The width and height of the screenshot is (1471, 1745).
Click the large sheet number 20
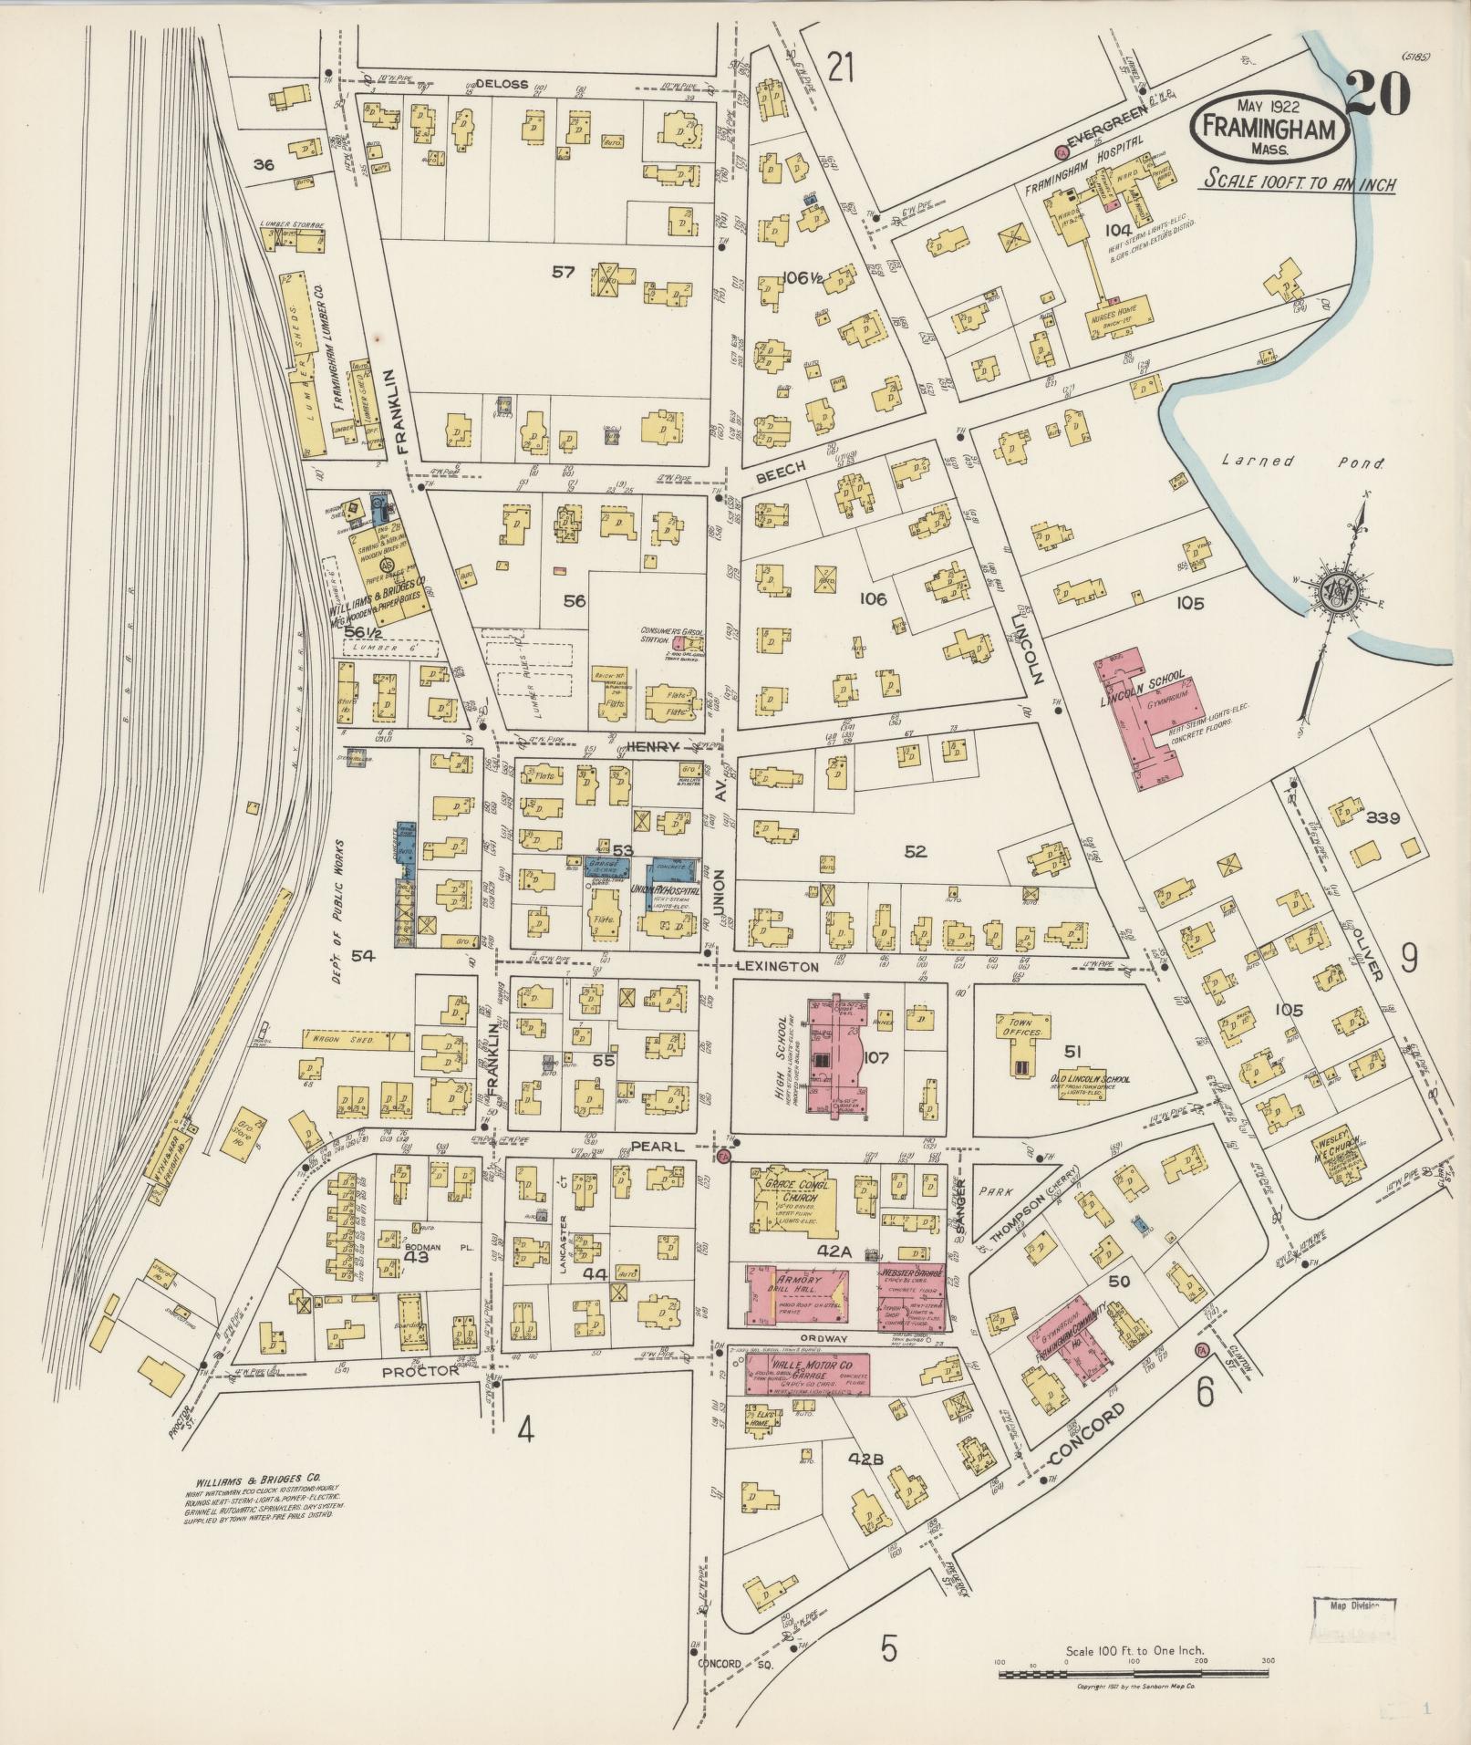coord(1377,94)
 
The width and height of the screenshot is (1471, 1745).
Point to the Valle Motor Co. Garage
coord(806,1374)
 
